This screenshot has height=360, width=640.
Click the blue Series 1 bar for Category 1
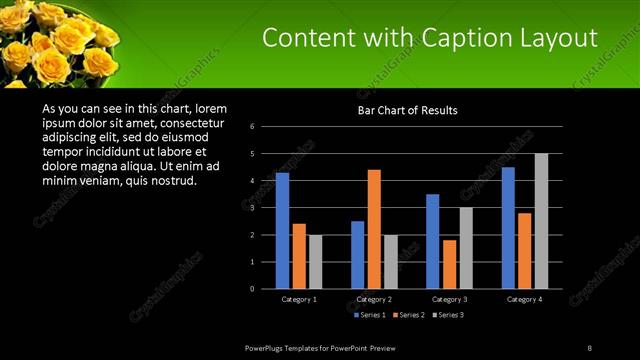point(282,230)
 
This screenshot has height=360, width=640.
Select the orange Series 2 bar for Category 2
point(374,228)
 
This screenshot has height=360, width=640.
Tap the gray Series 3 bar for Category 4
point(541,220)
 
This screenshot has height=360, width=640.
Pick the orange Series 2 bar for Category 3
point(449,263)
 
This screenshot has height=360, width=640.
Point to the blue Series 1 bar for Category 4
point(508,227)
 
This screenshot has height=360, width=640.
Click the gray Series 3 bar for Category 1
point(315,261)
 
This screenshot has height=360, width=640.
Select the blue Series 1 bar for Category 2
point(358,254)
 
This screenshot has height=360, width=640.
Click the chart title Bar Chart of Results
point(408,110)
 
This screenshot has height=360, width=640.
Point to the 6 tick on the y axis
point(252,126)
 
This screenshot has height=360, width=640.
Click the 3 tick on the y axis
point(252,207)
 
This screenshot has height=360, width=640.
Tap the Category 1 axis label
point(298,299)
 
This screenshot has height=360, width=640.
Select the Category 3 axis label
point(449,299)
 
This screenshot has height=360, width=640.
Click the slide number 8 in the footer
point(589,347)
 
